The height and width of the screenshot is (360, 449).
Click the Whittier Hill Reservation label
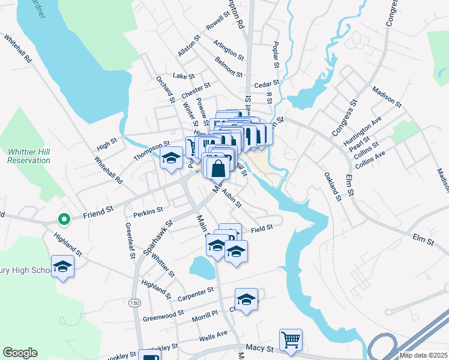tap(29, 156)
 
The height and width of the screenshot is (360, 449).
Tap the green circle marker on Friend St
tap(62, 220)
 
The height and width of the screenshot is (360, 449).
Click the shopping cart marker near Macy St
tap(291, 340)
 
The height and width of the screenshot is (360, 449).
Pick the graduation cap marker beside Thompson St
tap(171, 158)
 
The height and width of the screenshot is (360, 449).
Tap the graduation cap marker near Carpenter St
tap(246, 299)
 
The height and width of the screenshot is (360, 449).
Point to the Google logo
tap(20, 353)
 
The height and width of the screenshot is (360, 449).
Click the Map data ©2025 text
tap(423, 355)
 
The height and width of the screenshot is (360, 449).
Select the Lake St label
tap(184, 76)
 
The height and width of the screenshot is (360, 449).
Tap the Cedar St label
tap(267, 84)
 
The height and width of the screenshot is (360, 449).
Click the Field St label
tap(262, 228)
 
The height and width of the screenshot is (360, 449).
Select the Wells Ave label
tap(213, 335)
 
